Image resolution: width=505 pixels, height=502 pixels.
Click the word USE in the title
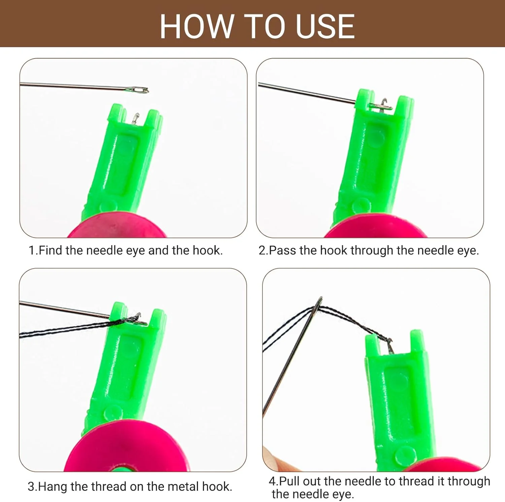325,26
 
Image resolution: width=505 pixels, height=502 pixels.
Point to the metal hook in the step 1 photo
135,118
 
